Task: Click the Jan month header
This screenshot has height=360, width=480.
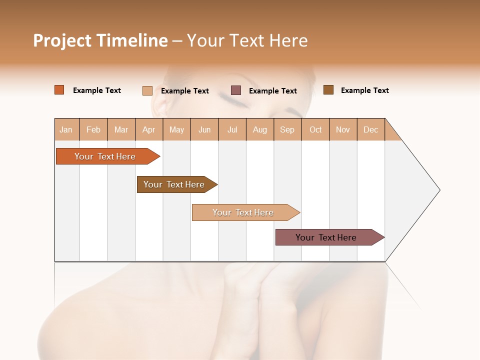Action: pos(66,129)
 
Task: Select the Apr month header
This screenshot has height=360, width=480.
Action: pos(148,129)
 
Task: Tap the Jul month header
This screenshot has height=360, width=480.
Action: pos(232,129)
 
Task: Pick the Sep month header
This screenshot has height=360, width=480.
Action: pos(287,129)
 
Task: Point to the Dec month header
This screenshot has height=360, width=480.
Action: pos(370,129)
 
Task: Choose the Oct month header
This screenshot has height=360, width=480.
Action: pos(315,129)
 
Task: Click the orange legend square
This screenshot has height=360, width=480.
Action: pos(59,90)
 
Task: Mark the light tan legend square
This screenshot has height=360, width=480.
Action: pos(147,90)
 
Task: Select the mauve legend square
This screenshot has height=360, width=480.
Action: pos(235,90)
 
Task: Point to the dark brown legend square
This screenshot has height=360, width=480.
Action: pos(328,90)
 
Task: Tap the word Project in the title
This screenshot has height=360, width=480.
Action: pos(62,40)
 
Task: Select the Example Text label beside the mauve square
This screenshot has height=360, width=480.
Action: pos(272,91)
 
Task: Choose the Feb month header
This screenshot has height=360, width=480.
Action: pos(93,129)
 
